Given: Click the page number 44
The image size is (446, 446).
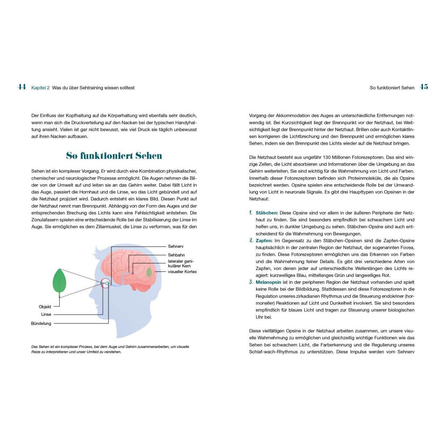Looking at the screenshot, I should tap(22, 87).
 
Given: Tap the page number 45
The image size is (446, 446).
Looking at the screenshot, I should tap(424, 87).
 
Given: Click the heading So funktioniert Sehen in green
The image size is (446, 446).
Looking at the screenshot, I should tap(114, 155).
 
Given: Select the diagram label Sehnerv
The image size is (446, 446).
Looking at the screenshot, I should tap(176, 246).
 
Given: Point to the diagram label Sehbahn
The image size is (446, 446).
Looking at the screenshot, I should tap(176, 255).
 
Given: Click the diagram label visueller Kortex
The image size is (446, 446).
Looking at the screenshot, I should tap(182, 272).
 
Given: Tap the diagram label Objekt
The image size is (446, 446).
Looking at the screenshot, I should tap(45, 307).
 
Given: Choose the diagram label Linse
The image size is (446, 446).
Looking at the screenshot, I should tap(46, 314).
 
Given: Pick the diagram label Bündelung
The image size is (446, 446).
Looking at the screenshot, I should tap(41, 323).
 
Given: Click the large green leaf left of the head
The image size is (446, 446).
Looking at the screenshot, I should tap(59, 281).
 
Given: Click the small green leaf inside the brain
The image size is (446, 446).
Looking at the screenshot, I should tap(149, 272).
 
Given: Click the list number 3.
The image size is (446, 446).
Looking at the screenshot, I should tap(251, 282).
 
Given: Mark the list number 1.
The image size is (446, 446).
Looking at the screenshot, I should tap(251, 213).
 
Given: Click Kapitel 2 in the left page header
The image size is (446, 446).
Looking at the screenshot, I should tap(40, 88).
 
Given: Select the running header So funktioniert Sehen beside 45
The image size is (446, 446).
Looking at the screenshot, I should tap(392, 88).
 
